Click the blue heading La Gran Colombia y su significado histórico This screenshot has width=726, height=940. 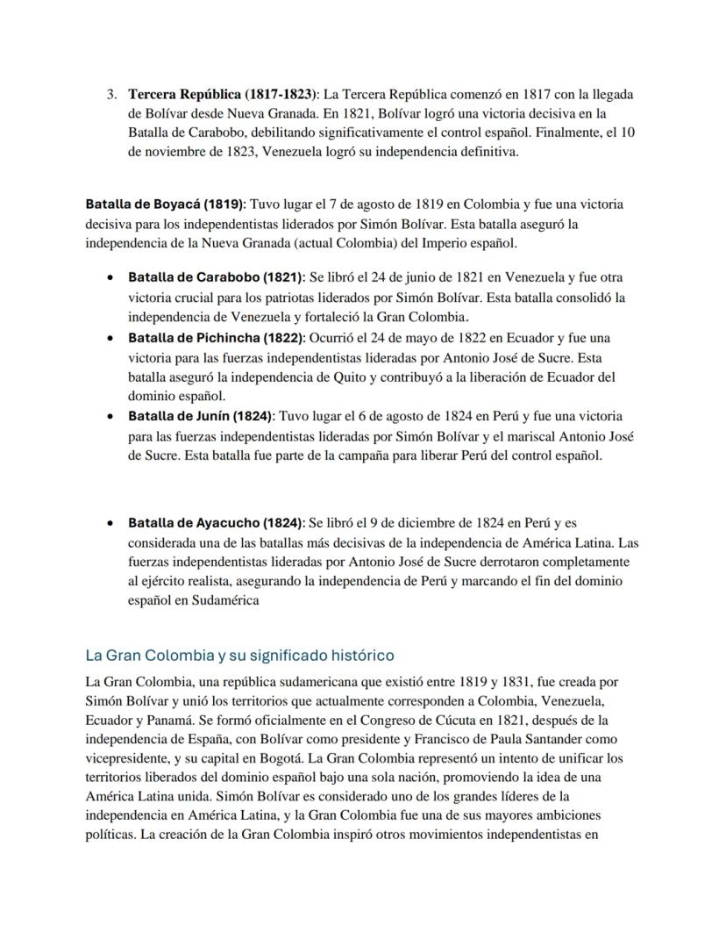click(x=239, y=656)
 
